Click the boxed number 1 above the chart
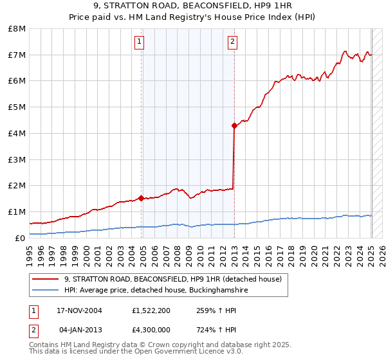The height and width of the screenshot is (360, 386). (139, 43)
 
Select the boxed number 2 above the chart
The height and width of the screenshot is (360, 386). (232, 43)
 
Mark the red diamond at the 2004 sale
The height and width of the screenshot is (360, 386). (141, 198)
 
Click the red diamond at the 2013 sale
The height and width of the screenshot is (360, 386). (234, 125)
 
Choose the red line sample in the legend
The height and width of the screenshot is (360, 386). (46, 280)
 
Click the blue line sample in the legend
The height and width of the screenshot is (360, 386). (46, 291)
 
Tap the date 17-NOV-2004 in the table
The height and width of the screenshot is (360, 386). (79, 310)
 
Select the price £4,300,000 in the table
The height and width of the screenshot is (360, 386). (151, 330)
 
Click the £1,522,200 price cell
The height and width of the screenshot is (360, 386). (151, 310)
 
